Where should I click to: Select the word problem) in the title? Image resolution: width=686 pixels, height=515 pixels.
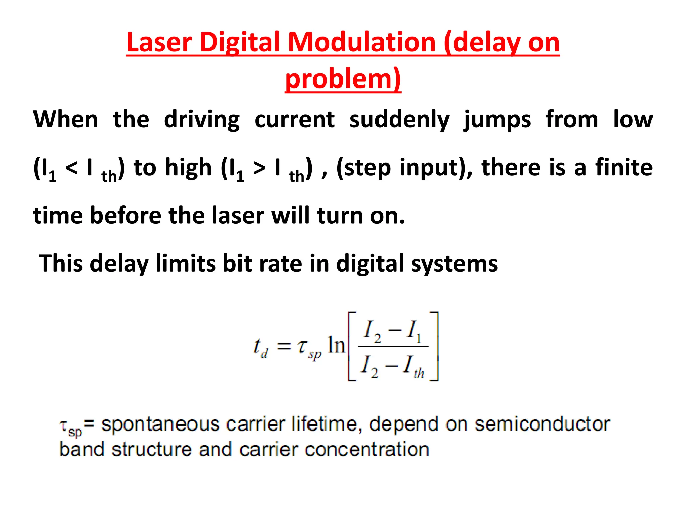point(343,79)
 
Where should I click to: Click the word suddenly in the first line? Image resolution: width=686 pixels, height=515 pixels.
point(399,120)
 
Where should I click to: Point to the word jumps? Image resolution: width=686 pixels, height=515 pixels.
point(497,120)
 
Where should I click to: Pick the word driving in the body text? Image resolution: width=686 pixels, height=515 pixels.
point(202,120)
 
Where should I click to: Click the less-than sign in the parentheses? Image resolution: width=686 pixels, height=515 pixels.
point(72,168)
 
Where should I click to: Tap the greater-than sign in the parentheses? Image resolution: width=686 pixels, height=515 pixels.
point(260,168)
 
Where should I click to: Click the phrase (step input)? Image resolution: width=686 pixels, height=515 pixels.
point(404,168)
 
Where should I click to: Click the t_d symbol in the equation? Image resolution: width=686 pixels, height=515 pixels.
point(260,347)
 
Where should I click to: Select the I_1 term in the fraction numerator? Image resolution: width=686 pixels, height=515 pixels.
point(414,330)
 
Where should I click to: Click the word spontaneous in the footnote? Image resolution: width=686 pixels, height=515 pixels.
point(161,424)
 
